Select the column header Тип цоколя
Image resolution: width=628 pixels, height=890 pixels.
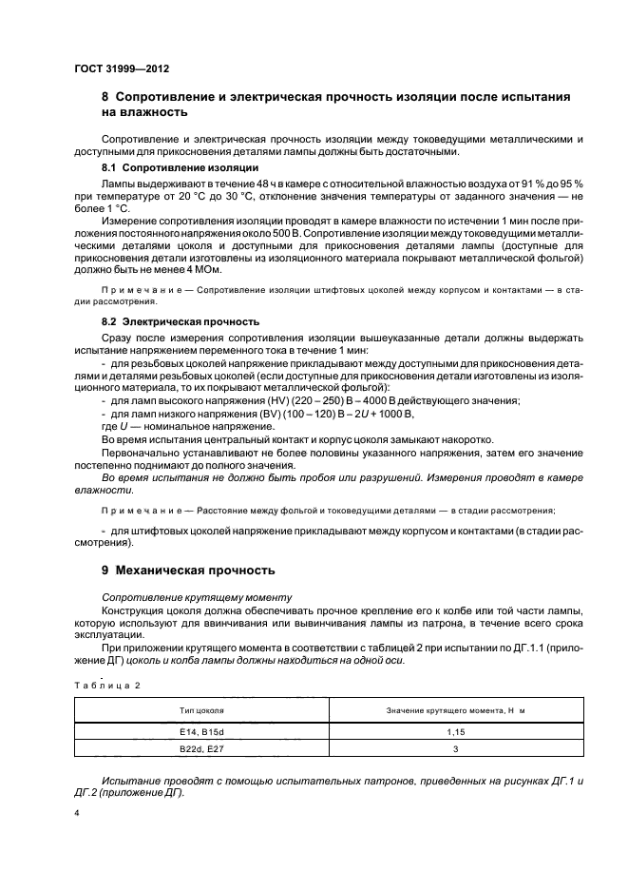(x=200, y=710)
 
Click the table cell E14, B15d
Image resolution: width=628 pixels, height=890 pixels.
(x=200, y=732)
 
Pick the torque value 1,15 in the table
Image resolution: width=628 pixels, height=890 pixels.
(x=455, y=732)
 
